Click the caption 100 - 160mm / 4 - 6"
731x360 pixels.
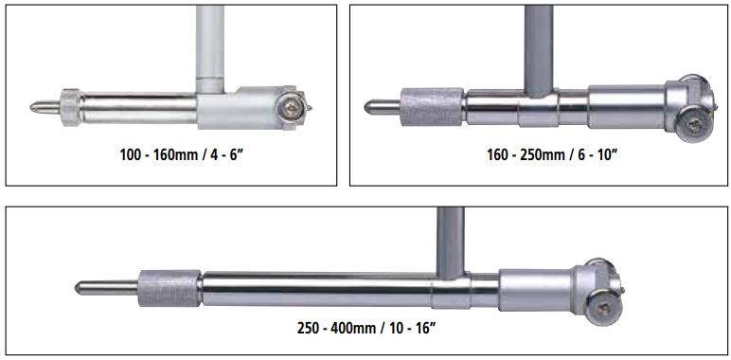tap(183, 154)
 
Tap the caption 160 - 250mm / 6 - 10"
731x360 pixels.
tap(552, 154)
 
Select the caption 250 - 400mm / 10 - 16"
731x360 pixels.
tap(366, 328)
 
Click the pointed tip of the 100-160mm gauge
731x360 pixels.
tap(31, 107)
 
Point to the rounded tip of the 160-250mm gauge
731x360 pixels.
tap(366, 107)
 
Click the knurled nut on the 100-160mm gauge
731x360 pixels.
tap(70, 108)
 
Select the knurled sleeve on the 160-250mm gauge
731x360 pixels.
tap(432, 107)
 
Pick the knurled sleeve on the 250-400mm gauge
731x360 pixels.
tap(169, 288)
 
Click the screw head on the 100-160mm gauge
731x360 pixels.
tap(291, 110)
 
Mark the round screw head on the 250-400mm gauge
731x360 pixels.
tap(602, 308)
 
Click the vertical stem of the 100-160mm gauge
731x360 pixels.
tap(210, 49)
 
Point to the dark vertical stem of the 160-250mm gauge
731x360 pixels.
tap(539, 50)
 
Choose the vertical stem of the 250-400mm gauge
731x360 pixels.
tap(451, 243)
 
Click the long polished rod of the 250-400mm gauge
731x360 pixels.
tap(317, 289)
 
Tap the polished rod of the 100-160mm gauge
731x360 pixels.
tap(139, 108)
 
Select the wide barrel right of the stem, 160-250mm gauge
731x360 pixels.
tap(627, 107)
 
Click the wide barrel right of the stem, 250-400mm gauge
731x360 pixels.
tap(536, 290)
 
